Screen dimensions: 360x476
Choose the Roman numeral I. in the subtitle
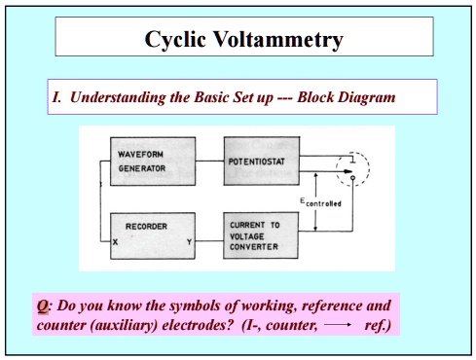tap(56, 98)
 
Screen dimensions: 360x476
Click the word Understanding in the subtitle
tap(122, 98)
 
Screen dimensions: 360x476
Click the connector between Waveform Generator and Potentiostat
tap(209, 162)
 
